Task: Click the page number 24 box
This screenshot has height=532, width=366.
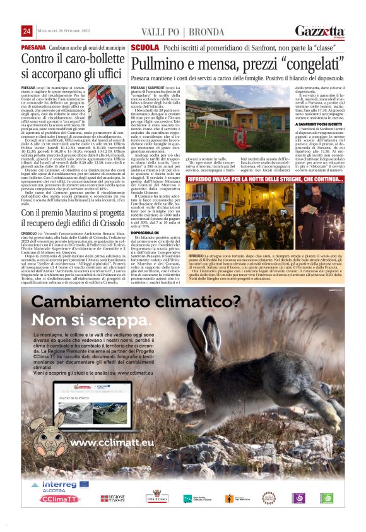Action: coord(27,31)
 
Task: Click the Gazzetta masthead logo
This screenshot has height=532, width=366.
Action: coord(320,31)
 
